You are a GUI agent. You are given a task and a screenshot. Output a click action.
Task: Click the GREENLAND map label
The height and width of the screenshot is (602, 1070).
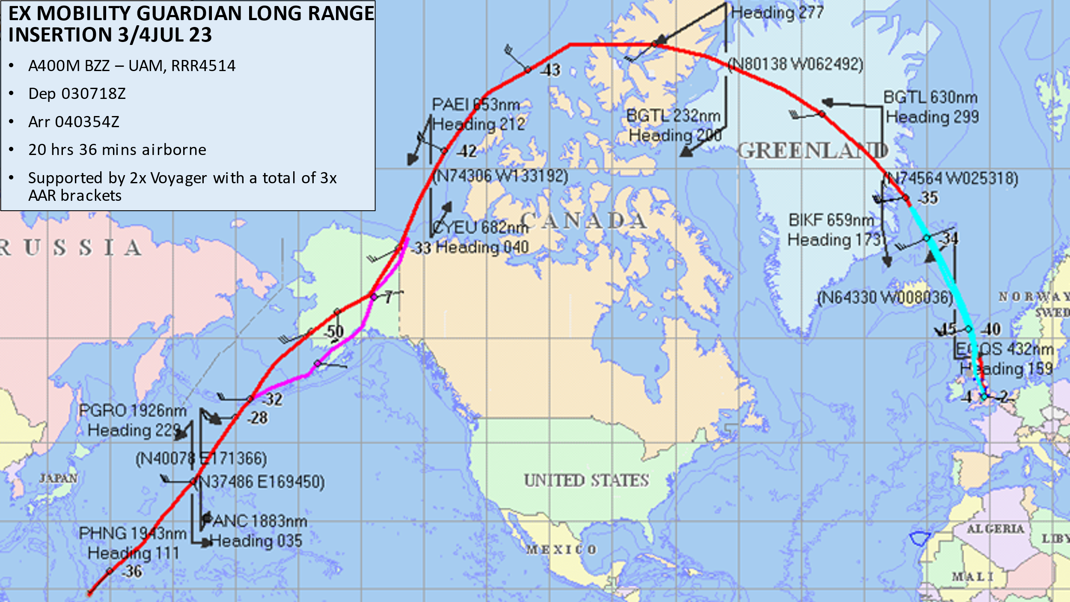pyautogui.click(x=812, y=150)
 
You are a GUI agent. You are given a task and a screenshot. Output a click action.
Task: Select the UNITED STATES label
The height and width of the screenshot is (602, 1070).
pyautogui.click(x=586, y=480)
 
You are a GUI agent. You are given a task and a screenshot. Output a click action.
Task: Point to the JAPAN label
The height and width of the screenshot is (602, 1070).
pyautogui.click(x=58, y=478)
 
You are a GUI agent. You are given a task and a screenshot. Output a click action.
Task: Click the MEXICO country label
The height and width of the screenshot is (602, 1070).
pyautogui.click(x=561, y=549)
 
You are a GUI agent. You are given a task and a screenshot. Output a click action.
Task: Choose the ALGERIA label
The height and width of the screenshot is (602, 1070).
pyautogui.click(x=996, y=529)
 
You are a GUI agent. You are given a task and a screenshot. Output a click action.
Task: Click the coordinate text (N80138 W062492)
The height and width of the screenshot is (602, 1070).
pyautogui.click(x=796, y=64)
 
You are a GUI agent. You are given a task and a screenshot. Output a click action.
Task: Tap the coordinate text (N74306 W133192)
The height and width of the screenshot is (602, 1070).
pyautogui.click(x=500, y=176)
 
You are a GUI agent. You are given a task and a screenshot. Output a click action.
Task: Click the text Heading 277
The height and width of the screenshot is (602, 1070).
pyautogui.click(x=777, y=12)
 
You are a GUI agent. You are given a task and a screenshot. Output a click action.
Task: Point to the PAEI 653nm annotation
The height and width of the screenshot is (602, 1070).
pyautogui.click(x=476, y=104)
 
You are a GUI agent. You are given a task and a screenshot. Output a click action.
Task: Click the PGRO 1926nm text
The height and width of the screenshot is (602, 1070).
pyautogui.click(x=133, y=411)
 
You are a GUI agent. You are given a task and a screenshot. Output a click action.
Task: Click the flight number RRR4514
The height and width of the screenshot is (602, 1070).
pyautogui.click(x=203, y=66)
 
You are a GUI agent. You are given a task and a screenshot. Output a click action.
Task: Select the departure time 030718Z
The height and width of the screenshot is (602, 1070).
pyautogui.click(x=93, y=93)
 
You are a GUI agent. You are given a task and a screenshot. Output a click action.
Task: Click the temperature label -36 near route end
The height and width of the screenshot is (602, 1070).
pyautogui.click(x=132, y=571)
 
